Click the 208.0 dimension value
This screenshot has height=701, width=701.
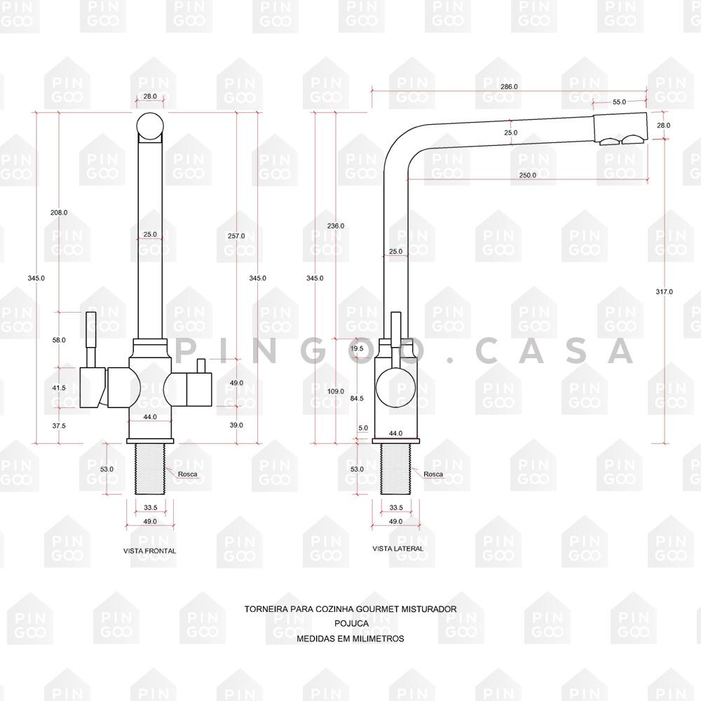tap(59, 212)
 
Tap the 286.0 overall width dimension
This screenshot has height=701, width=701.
tap(509, 86)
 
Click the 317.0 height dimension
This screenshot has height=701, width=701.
tap(663, 292)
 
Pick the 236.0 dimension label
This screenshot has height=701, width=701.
tap(336, 226)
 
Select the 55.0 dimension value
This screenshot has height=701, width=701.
tap(619, 102)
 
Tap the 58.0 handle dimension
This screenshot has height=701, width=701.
tap(59, 339)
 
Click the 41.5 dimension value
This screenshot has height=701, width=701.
tap(59, 388)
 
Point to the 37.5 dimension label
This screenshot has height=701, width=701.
tap(59, 426)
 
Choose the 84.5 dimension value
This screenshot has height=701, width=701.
tap(356, 398)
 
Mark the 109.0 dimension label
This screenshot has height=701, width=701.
tap(336, 391)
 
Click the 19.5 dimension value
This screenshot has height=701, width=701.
tap(356, 348)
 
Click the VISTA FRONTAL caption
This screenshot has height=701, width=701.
tap(149, 551)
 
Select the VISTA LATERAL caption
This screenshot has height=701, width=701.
tap(397, 548)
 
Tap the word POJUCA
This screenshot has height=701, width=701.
tap(350, 624)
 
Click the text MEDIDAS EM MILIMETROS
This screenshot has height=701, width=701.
tap(350, 639)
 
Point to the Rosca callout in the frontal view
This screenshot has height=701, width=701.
tap(187, 474)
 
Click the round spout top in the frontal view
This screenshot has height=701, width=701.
tap(150, 126)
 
